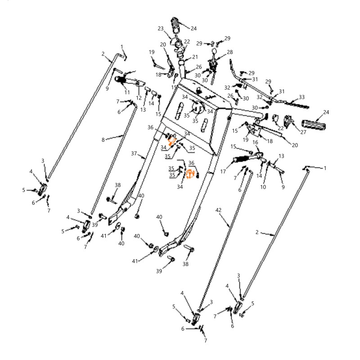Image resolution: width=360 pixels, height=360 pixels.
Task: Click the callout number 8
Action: pyautogui.click(x=103, y=139)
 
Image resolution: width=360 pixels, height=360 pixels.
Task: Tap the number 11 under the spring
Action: pyautogui.click(x=127, y=92)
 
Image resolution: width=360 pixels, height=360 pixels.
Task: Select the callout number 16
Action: pyautogui.click(x=255, y=142)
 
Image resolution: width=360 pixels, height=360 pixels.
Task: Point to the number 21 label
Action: pyautogui.click(x=195, y=57)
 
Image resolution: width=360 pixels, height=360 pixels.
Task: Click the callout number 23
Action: pyautogui.click(x=161, y=28)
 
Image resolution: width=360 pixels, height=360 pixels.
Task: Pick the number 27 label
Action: pyautogui.click(x=303, y=132)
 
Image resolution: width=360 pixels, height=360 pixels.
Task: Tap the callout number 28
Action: pyautogui.click(x=230, y=52)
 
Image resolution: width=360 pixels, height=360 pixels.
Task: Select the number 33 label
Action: pyautogui.click(x=301, y=97)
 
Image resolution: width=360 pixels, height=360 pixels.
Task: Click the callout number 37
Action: pyautogui.click(x=134, y=153)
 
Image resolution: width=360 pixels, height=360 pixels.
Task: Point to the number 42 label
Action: pyautogui.click(x=218, y=210)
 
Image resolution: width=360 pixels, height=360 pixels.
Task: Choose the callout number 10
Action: pyautogui.click(x=263, y=187)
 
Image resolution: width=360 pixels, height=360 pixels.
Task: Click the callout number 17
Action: pyautogui.click(x=223, y=171)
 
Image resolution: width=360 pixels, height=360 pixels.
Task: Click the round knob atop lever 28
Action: pyautogui.click(x=214, y=50)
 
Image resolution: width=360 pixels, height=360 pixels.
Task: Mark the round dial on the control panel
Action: pyautogui.click(x=198, y=108)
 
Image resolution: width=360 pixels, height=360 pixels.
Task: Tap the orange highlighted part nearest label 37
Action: pyautogui.click(x=171, y=141)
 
